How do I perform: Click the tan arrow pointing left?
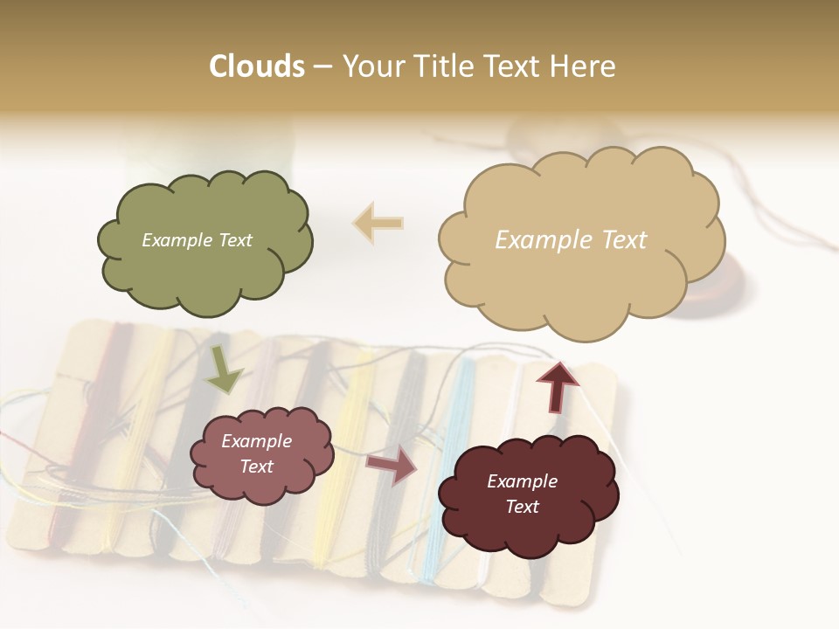coord(378,224)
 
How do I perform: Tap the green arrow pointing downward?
coord(223,370)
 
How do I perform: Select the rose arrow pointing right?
coord(392,466)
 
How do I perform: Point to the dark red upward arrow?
coord(557,385)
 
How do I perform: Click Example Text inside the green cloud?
coord(197,240)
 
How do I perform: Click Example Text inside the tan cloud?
coord(571,240)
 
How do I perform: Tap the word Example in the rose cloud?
coord(256,441)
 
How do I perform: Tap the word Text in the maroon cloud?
coord(522,507)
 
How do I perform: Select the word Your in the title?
coord(371,66)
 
